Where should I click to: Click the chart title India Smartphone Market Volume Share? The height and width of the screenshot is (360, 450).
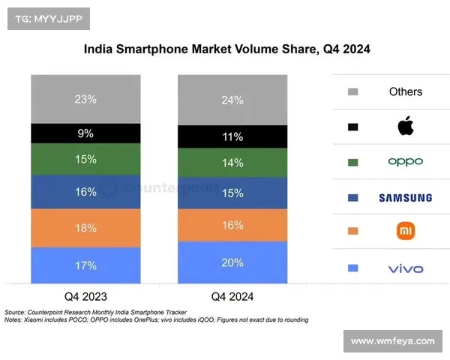click(226, 49)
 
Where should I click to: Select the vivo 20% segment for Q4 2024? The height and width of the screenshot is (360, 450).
click(232, 262)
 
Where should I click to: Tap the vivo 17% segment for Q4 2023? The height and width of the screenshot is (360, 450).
click(85, 265)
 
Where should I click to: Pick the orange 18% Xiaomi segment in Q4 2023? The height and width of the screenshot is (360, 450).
click(85, 227)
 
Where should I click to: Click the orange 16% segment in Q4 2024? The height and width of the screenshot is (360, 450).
click(232, 225)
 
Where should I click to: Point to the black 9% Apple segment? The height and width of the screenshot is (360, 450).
click(85, 133)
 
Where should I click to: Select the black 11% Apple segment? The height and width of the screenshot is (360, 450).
click(232, 136)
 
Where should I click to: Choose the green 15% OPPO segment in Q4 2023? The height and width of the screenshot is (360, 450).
click(85, 159)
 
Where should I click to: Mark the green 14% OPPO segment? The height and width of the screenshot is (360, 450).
click(232, 162)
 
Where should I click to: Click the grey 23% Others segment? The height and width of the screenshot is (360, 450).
click(85, 98)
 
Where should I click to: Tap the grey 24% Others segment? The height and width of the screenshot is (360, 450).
click(232, 100)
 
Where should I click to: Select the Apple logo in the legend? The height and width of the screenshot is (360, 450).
click(405, 126)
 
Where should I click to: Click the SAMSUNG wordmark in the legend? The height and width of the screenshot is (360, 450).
click(405, 198)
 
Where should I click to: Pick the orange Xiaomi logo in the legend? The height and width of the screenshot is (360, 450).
click(405, 232)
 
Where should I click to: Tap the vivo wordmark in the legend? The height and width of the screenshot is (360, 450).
click(405, 268)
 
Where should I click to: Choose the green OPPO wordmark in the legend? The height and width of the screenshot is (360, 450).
click(405, 162)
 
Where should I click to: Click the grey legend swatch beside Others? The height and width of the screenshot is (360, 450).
click(353, 92)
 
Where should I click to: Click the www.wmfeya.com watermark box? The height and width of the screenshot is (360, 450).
click(392, 341)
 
